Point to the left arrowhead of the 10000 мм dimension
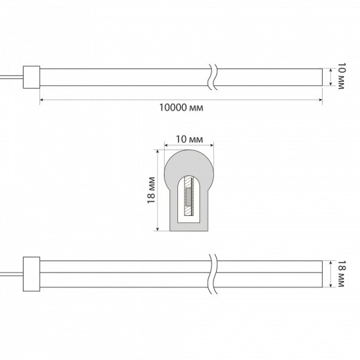pos(43,100)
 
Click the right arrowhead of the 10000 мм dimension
pos(321,100)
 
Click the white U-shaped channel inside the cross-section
pos(180,208)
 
